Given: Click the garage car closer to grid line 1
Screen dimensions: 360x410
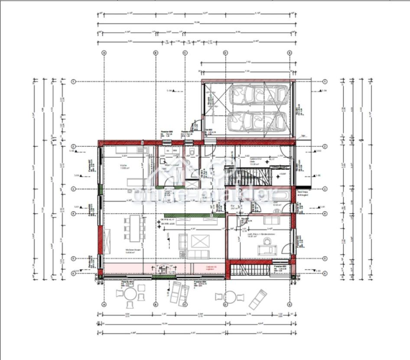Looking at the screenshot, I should pyautogui.click(x=259, y=95).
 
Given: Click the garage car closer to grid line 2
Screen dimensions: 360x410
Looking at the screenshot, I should pyautogui.click(x=259, y=121).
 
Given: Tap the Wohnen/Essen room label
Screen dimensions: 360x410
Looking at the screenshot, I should pyautogui.click(x=120, y=251).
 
